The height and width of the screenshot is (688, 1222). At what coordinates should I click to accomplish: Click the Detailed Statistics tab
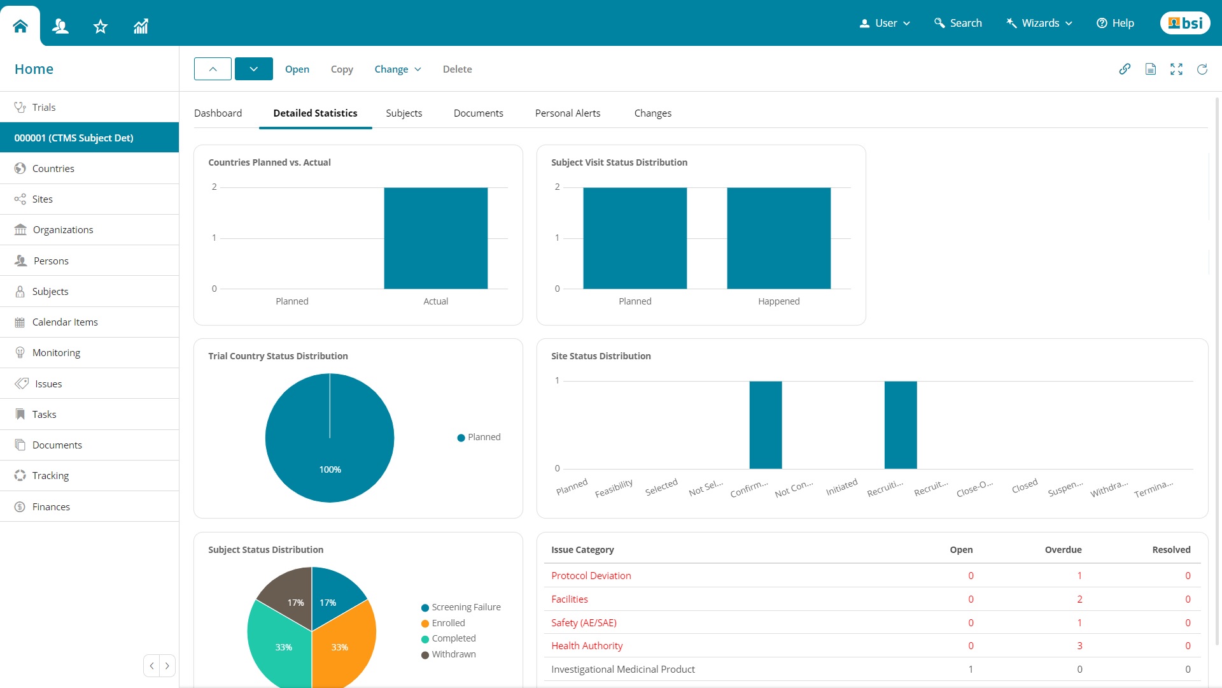(x=315, y=113)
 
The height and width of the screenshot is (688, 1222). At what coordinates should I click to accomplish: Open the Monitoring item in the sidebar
(x=56, y=353)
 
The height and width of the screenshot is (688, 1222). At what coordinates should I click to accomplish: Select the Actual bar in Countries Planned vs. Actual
(x=435, y=238)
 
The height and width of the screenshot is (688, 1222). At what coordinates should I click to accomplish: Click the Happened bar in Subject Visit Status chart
(x=778, y=238)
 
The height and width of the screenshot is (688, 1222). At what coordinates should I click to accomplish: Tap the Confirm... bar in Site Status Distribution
(x=765, y=425)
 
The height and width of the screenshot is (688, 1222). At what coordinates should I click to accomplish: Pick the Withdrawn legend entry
(x=453, y=654)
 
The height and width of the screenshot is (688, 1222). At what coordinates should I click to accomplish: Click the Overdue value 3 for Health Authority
(x=1079, y=646)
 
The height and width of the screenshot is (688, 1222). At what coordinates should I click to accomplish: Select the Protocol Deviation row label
(x=591, y=576)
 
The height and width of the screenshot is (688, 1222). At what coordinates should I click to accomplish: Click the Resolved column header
(x=1171, y=550)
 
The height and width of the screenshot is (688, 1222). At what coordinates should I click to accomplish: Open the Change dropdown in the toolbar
(x=398, y=69)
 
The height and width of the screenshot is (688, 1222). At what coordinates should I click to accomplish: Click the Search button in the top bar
(x=958, y=23)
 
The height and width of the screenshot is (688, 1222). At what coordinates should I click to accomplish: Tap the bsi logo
(x=1185, y=23)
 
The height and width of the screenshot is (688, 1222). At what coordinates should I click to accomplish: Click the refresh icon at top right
(x=1202, y=69)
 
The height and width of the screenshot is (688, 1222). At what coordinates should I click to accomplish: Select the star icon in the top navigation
(x=101, y=26)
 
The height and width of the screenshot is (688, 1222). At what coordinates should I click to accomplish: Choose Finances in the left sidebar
(x=51, y=507)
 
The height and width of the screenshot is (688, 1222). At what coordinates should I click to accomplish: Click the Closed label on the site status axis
(x=1025, y=486)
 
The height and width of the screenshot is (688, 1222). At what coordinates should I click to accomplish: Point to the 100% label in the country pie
(x=330, y=469)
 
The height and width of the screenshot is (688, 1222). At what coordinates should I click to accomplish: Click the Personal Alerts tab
(x=568, y=113)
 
